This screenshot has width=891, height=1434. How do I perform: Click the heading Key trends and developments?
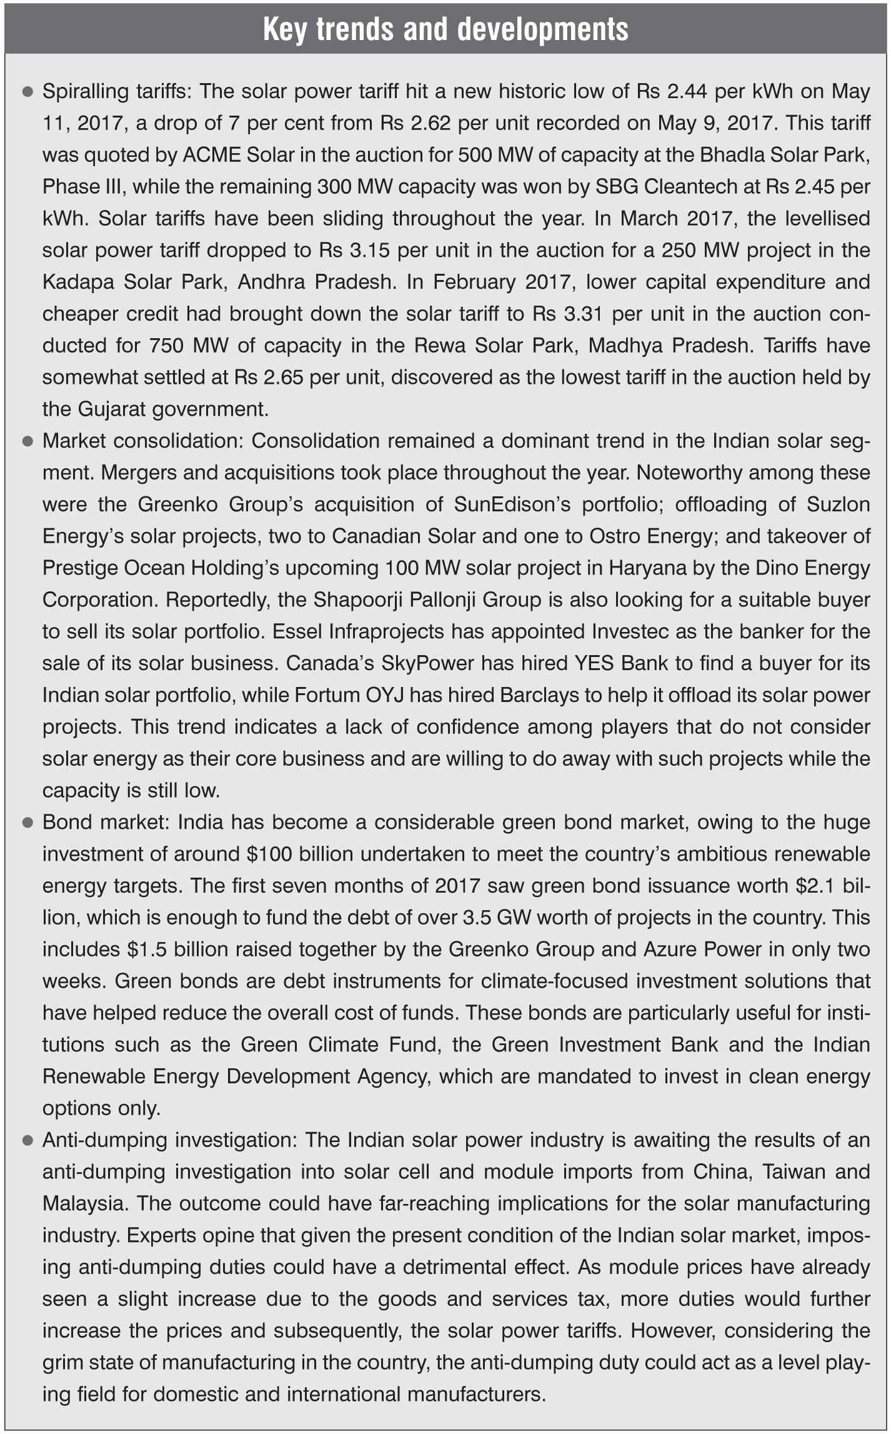pos(445,29)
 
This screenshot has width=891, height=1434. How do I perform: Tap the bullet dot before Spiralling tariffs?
pos(27,92)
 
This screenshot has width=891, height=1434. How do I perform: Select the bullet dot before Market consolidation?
pos(27,441)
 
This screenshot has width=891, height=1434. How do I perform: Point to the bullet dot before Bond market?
pos(27,823)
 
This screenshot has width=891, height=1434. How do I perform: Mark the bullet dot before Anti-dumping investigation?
pos(27,1141)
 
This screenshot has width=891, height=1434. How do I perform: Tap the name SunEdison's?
pos(512,504)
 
